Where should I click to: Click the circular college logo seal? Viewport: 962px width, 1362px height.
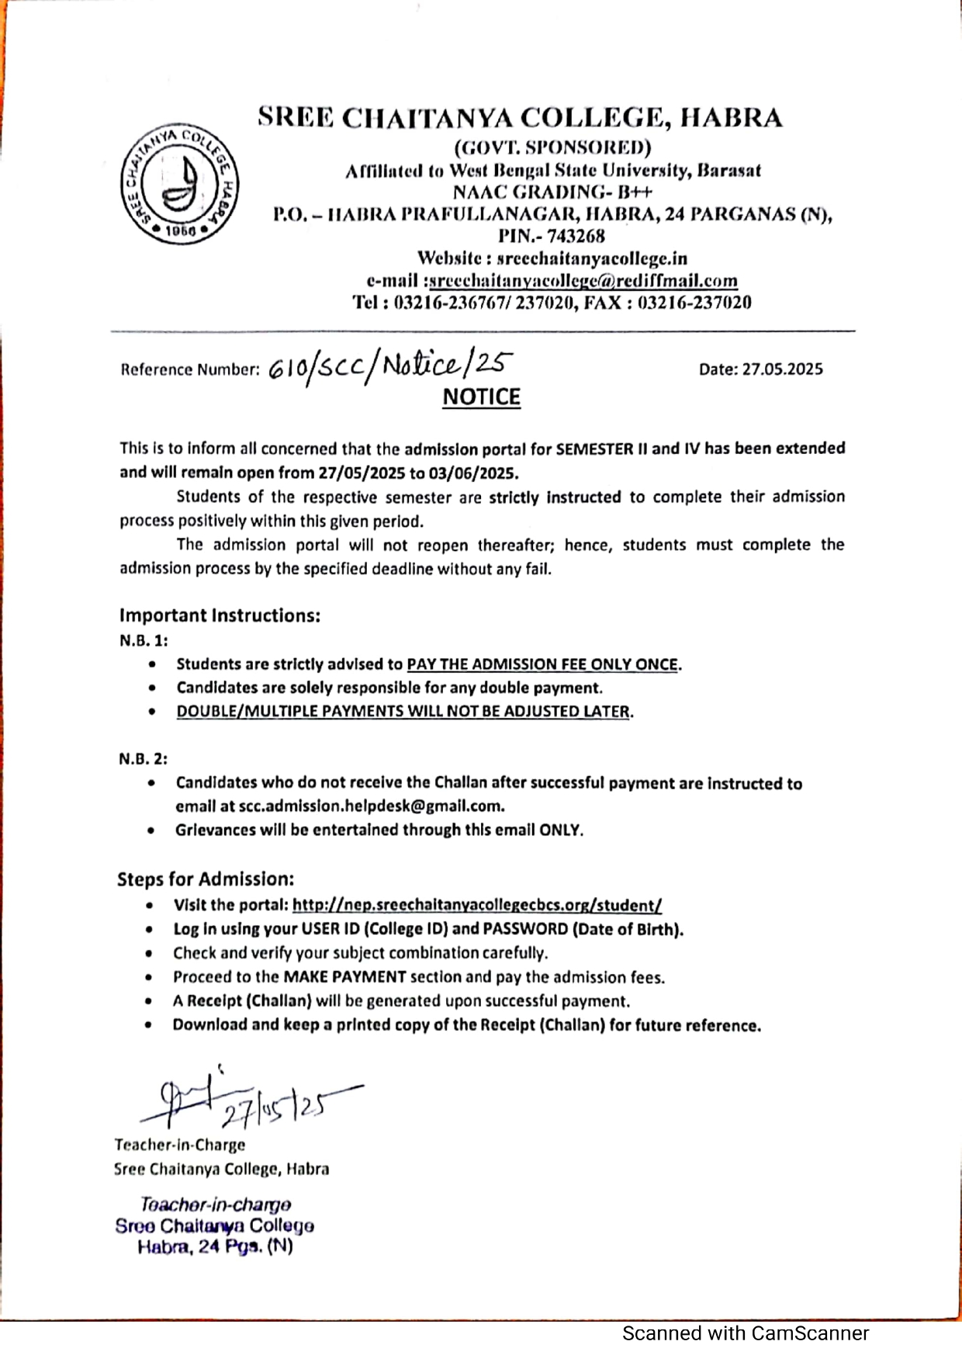click(179, 183)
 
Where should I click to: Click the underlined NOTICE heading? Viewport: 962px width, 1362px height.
click(481, 397)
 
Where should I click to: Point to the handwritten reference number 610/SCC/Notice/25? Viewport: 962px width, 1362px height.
click(390, 366)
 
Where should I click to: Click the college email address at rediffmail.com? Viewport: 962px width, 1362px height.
click(583, 281)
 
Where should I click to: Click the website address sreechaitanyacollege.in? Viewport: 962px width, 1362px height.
click(592, 258)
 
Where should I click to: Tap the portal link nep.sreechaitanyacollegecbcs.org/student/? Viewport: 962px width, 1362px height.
click(477, 905)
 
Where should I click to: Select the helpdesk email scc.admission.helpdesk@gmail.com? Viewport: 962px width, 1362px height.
click(371, 806)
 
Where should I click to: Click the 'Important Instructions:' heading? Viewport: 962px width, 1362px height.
click(220, 615)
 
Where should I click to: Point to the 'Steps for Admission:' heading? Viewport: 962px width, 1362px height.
click(206, 879)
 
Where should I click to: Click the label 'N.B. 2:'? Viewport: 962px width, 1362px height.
click(143, 759)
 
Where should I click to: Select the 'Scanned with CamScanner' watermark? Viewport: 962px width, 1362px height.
click(745, 1333)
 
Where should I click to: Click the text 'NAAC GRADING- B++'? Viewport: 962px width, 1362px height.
click(552, 192)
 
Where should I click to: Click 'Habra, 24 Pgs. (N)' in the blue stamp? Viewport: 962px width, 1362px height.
click(215, 1247)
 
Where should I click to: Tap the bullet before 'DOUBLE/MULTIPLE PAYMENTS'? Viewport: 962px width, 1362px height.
click(152, 712)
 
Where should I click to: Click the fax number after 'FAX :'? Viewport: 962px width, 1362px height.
click(694, 303)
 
